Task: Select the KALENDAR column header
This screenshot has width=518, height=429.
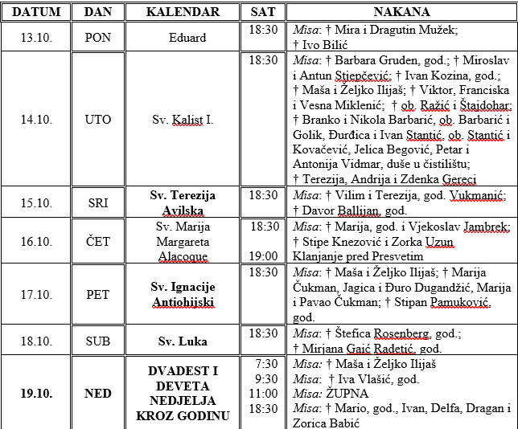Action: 183,12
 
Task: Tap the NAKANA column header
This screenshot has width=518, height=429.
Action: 401,12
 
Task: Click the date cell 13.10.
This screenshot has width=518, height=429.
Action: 36,38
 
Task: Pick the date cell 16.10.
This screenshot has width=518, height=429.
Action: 36,241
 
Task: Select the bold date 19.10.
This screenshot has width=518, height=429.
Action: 36,394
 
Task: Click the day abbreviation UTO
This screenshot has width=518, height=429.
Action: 98,120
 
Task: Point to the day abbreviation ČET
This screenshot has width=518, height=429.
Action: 98,241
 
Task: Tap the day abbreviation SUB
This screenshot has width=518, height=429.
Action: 98,341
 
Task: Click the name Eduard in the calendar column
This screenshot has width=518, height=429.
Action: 187,38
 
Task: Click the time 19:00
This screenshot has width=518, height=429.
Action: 264,256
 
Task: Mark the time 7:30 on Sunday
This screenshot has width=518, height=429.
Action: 266,364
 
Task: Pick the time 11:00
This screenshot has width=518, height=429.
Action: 264,394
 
